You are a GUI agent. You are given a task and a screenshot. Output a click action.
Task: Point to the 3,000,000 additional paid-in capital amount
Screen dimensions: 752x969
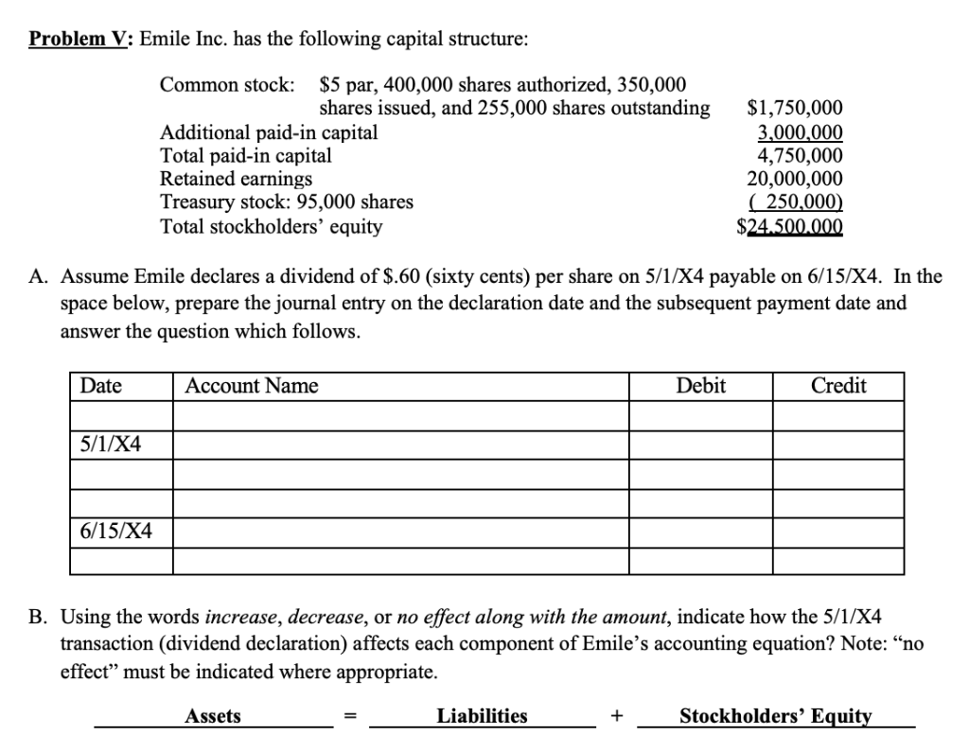(801, 132)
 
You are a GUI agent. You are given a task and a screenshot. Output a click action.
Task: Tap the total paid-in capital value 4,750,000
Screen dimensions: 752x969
(801, 155)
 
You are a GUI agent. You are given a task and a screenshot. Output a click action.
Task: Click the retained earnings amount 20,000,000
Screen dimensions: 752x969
(795, 179)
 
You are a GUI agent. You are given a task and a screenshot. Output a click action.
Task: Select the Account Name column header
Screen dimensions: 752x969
(252, 386)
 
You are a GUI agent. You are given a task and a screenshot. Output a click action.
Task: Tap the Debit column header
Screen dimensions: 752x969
(701, 386)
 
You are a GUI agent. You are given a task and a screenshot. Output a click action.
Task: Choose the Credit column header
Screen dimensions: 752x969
(838, 386)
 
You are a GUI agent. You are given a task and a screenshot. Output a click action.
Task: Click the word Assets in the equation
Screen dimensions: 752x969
(213, 716)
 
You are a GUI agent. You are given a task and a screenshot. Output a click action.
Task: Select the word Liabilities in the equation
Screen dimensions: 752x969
(483, 716)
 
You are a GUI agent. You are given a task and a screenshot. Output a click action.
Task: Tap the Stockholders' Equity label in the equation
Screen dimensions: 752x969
(776, 716)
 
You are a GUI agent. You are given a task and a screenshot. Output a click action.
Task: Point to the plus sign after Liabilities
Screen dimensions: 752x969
(617, 717)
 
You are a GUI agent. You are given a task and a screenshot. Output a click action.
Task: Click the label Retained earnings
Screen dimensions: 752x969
(237, 179)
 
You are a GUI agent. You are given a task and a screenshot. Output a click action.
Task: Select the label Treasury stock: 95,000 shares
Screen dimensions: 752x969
(287, 201)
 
